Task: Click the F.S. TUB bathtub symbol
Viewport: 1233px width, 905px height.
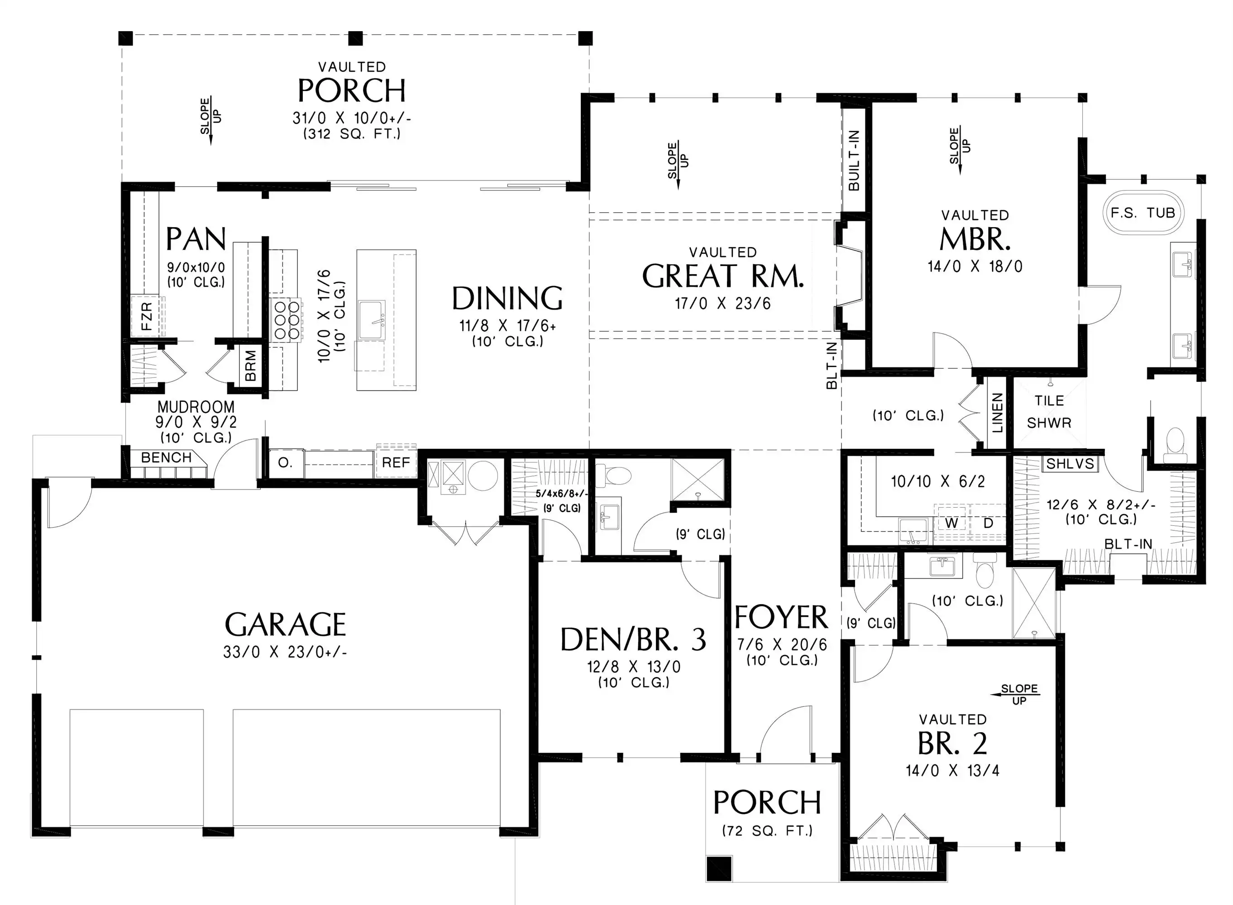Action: (x=1142, y=213)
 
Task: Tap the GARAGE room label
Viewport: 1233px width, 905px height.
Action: (x=286, y=624)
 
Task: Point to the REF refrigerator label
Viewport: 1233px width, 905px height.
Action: (x=396, y=462)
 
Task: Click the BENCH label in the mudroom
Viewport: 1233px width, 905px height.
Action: (x=167, y=457)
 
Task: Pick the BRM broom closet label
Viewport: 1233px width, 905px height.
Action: (x=250, y=366)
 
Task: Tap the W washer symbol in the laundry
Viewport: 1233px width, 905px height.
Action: (x=951, y=523)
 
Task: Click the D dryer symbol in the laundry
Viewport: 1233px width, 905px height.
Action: (x=988, y=523)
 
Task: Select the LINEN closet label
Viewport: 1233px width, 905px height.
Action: (x=997, y=412)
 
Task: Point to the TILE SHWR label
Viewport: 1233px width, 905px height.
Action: (x=1049, y=411)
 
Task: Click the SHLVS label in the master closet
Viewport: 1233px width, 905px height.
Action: (x=1070, y=463)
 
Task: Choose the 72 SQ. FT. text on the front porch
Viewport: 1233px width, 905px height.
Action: (x=767, y=830)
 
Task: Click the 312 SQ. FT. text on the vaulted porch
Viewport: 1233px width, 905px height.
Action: (x=352, y=133)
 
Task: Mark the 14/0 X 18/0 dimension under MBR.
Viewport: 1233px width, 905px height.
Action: (x=975, y=266)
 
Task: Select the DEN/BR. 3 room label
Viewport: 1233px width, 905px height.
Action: (x=634, y=639)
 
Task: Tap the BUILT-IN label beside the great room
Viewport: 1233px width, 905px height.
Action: (x=854, y=160)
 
